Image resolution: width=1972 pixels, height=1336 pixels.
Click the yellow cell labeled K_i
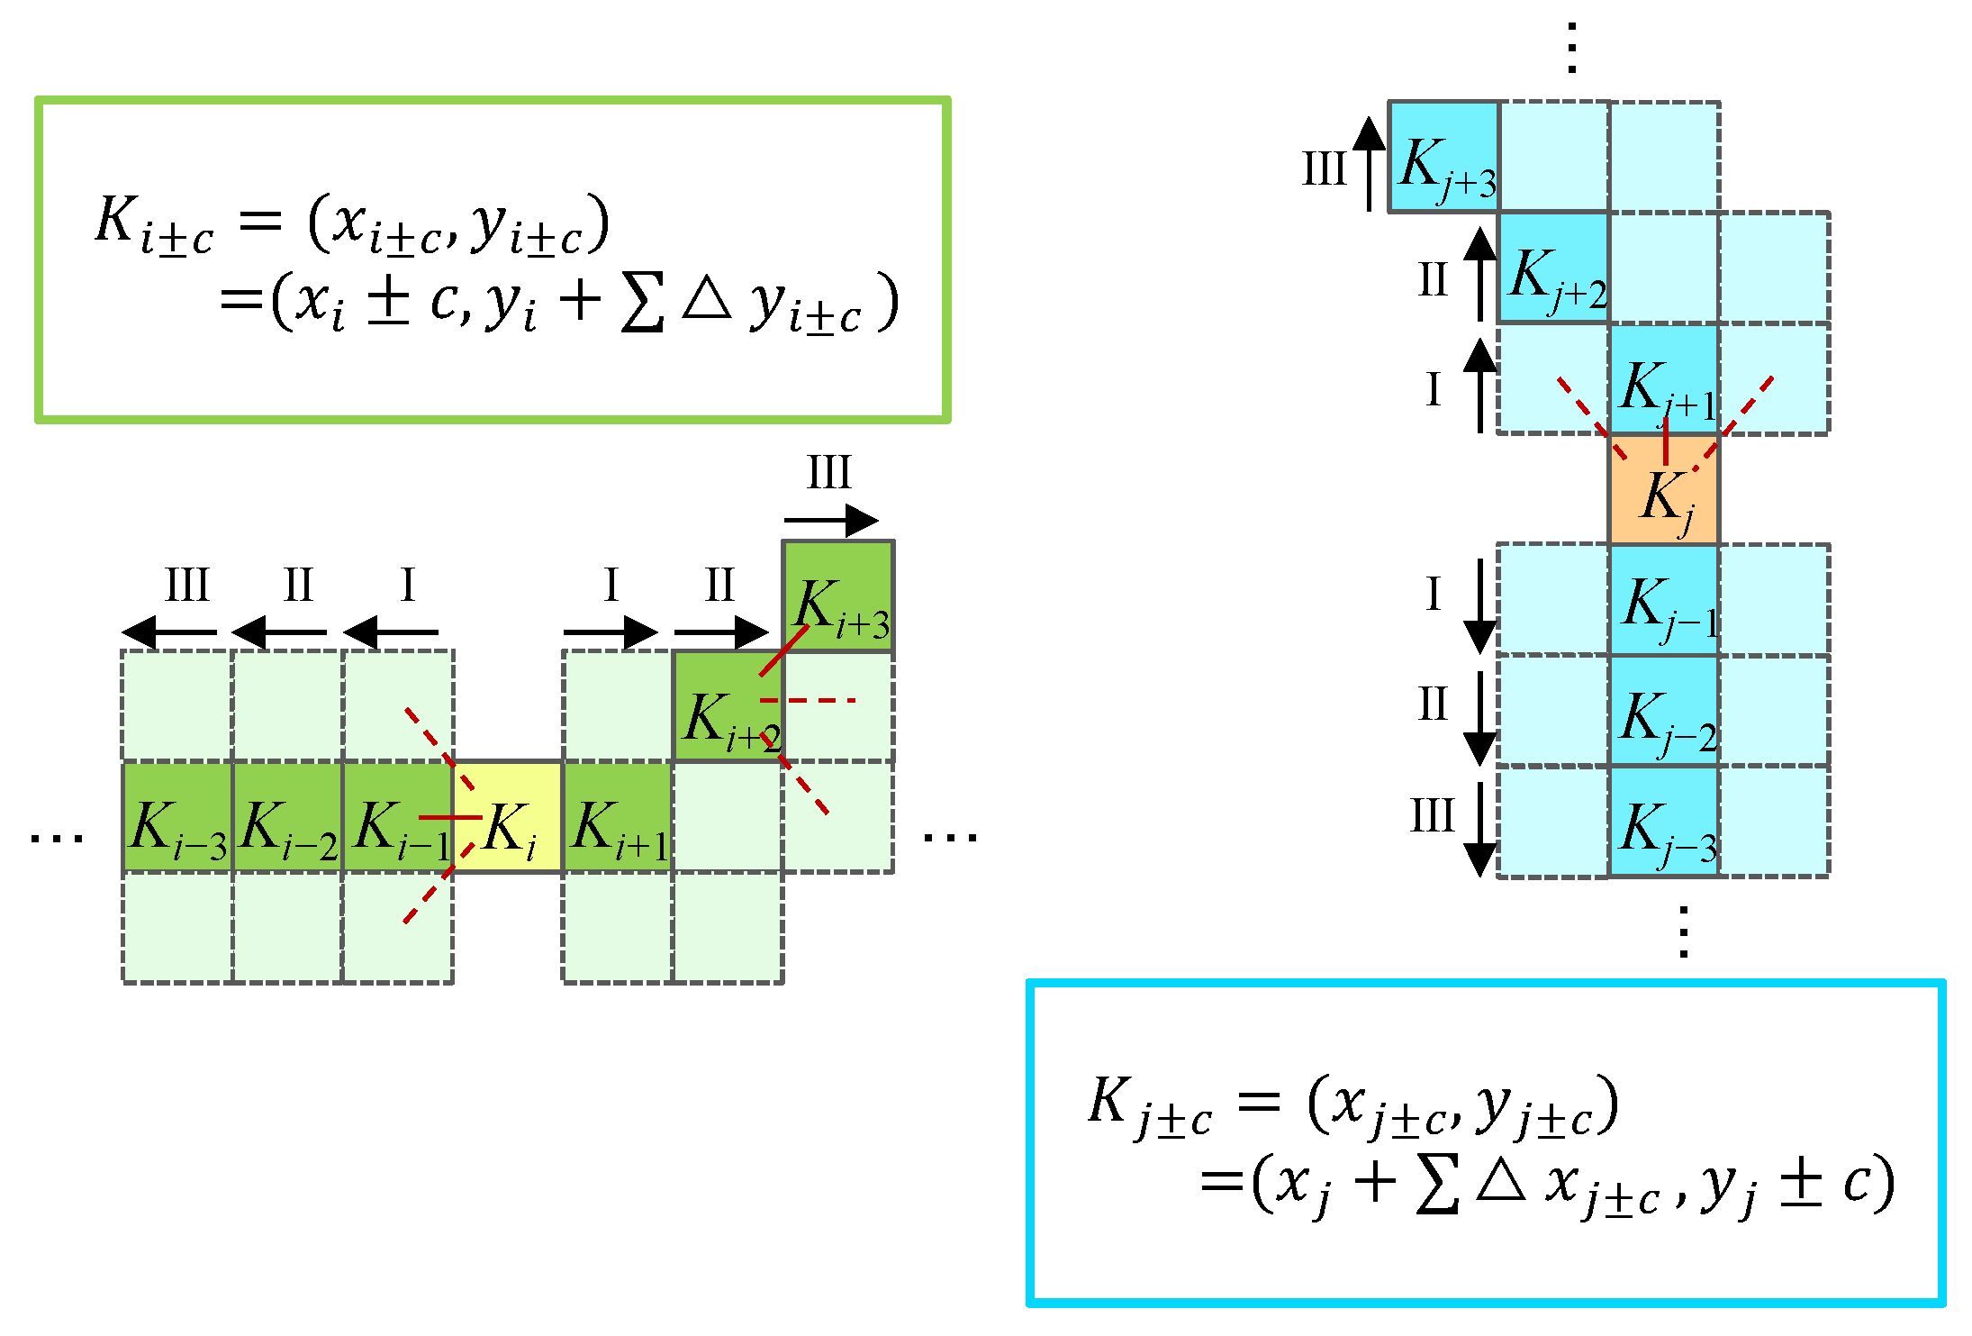(508, 817)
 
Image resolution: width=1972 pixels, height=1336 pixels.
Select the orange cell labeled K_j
(1664, 490)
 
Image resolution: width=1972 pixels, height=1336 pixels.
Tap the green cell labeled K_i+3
(838, 596)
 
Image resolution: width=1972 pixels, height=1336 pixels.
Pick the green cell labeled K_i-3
(177, 817)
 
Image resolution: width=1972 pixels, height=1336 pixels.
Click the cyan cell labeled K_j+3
(1443, 158)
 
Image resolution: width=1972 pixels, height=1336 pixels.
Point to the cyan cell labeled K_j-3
(1664, 822)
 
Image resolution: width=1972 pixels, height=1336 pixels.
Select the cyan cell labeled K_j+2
(1553, 268)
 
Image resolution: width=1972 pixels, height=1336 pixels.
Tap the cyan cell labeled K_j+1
(1664, 379)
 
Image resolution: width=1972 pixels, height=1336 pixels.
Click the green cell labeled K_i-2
(287, 817)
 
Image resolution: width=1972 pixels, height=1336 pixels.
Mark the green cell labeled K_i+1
(618, 817)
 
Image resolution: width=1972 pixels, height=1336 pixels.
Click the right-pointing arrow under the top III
(831, 520)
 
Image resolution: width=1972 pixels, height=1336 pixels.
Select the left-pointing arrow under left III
(169, 632)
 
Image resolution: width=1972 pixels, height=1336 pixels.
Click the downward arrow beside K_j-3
(1480, 829)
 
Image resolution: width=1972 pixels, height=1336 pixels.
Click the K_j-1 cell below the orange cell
(1664, 601)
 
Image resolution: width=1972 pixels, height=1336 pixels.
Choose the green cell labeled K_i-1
(397, 817)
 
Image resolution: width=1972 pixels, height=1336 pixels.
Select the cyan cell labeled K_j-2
(1664, 711)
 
